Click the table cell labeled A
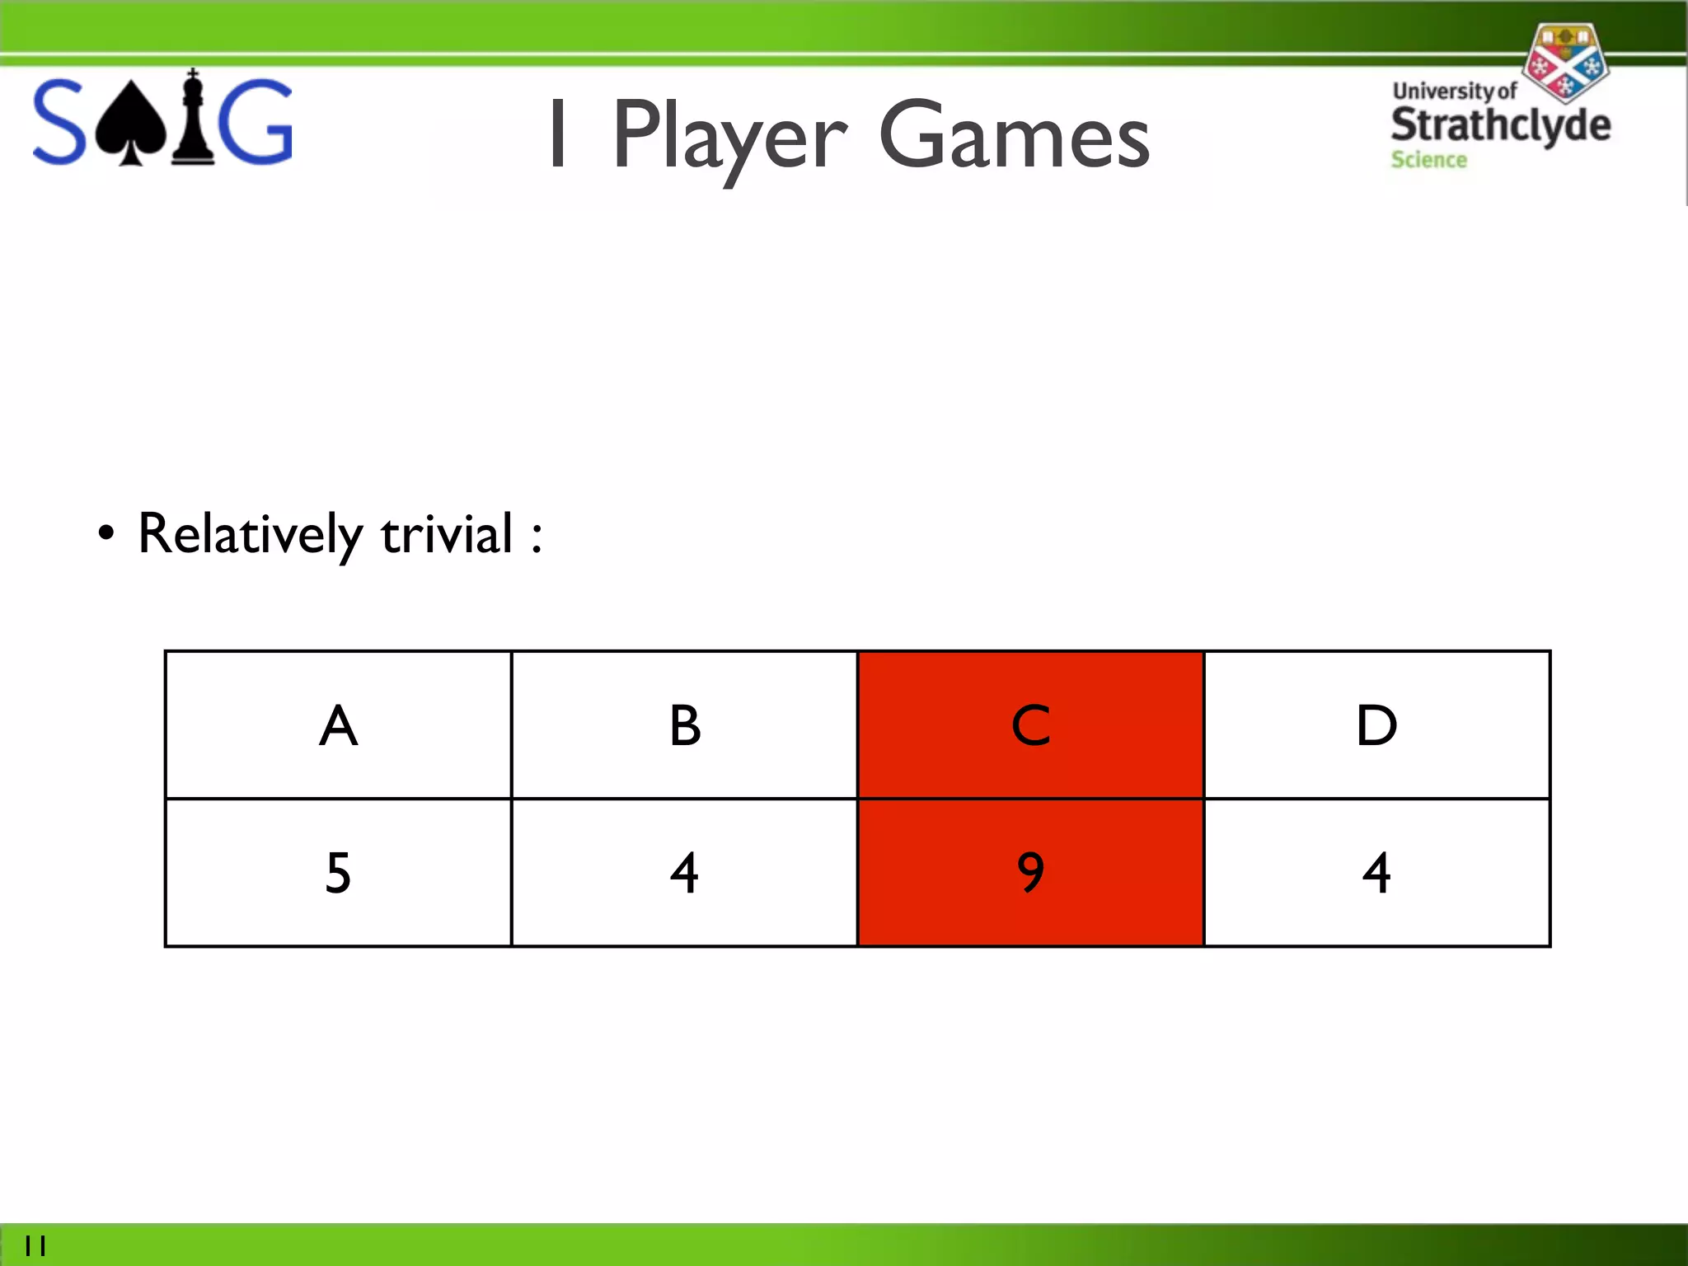338,725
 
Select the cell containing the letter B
684,725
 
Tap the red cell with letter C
1030,725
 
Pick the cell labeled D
1376,725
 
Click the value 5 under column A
338,873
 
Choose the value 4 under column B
684,873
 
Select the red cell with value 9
1030,873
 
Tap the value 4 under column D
1376,873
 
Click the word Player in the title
729,136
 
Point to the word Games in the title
1014,136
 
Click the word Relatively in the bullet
249,534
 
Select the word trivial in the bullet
447,534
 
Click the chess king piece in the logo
193,120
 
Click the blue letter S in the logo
59,122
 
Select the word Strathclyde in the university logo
1500,125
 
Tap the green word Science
1428,160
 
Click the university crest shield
1564,62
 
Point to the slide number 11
35,1245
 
